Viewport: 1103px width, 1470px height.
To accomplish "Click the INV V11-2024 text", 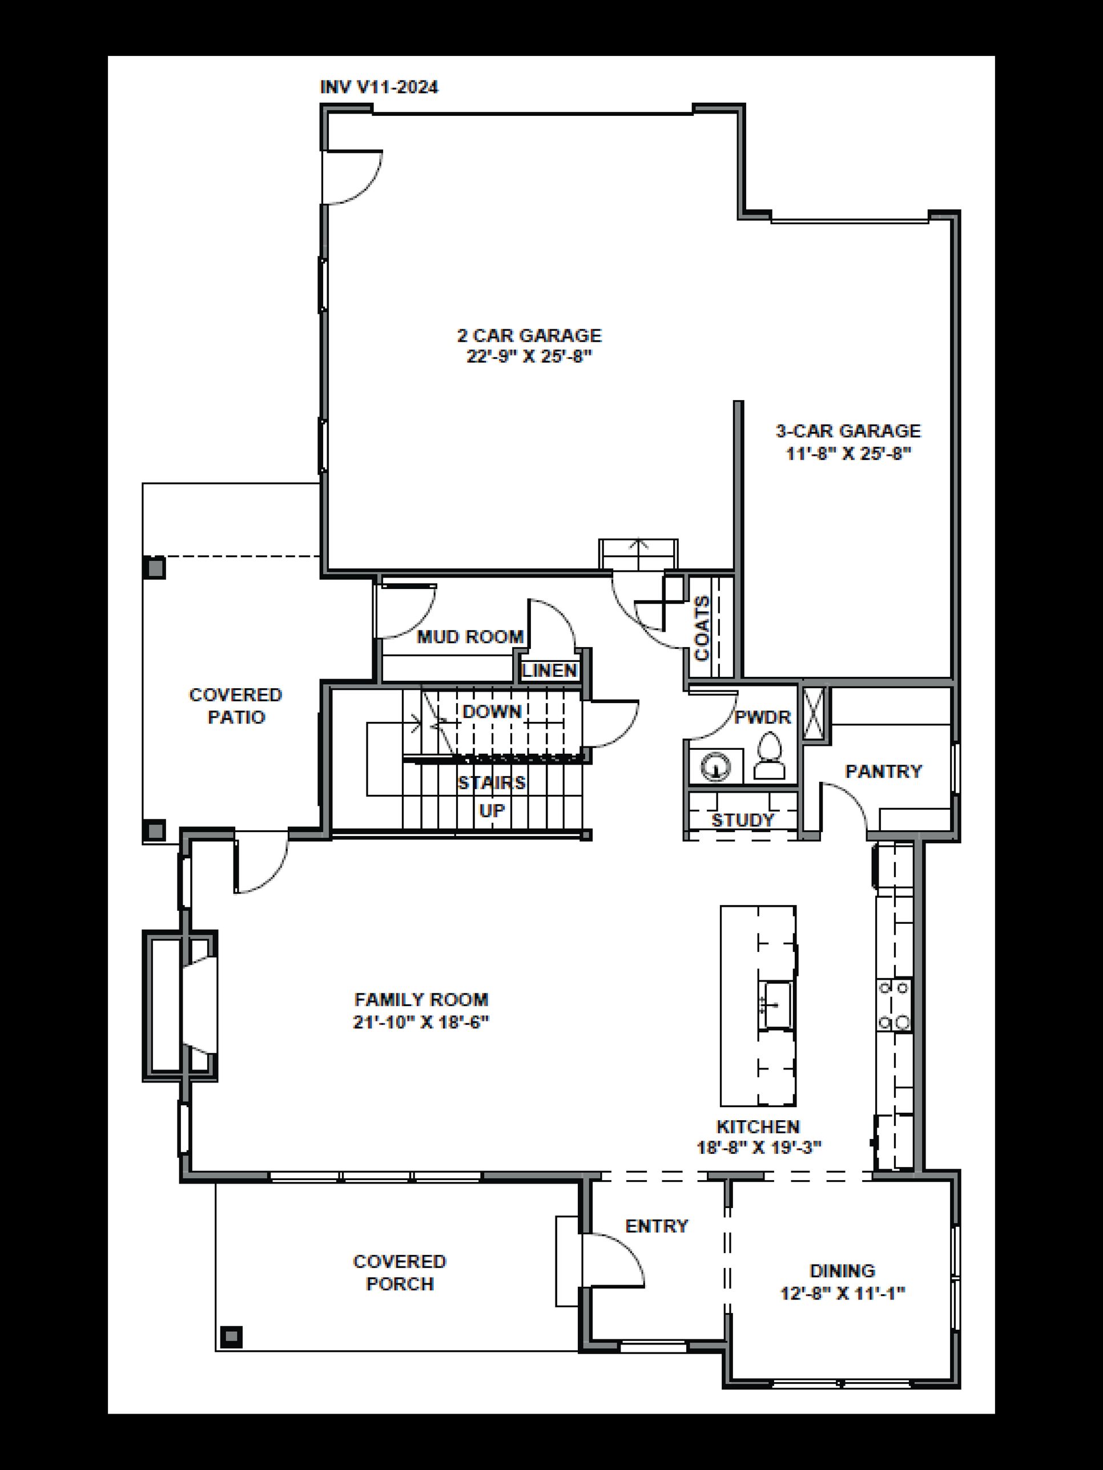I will [x=379, y=87].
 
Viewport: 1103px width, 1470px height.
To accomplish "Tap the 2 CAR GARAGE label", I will [x=529, y=335].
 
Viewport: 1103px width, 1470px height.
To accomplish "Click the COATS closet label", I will [x=702, y=628].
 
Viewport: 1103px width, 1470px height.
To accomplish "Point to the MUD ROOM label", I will [x=470, y=637].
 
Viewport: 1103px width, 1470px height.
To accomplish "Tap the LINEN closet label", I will [x=549, y=670].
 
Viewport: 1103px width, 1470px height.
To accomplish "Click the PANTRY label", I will [x=883, y=771].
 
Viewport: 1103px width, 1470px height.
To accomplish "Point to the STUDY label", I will [x=743, y=820].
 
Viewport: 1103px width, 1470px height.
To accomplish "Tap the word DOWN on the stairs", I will [x=492, y=712].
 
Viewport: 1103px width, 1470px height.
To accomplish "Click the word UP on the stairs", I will [x=492, y=811].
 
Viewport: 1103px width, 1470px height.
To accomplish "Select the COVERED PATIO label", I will [x=236, y=706].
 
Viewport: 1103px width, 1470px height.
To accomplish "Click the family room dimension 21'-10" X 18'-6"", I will [x=421, y=1022].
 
